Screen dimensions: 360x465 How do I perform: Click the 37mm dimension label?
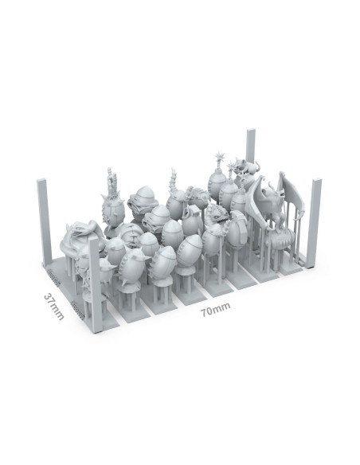pos(53,307)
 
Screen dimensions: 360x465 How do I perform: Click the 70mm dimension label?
pos(216,309)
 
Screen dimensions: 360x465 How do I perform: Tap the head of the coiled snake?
pos(76,228)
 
